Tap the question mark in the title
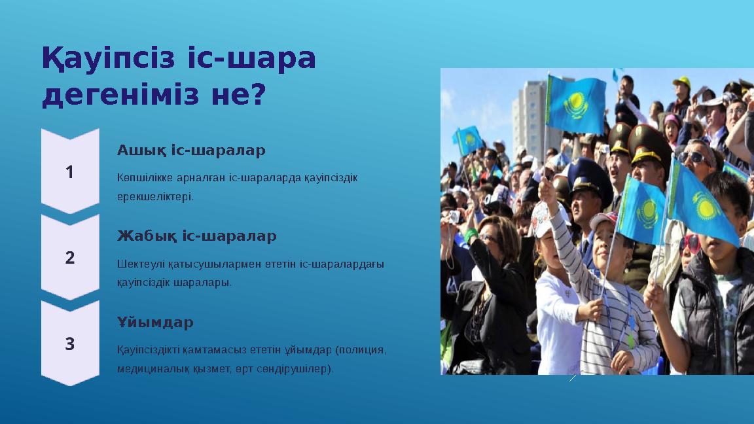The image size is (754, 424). tap(259, 94)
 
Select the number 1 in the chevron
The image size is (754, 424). tap(70, 171)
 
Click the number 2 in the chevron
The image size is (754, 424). tap(70, 258)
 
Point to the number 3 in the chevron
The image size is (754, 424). tap(70, 344)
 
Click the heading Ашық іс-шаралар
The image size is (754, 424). tap(191, 150)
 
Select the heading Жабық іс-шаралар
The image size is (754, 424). tap(196, 236)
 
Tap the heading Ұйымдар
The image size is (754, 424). tap(155, 322)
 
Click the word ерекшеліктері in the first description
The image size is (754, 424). tap(155, 196)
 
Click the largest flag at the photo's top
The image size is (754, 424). tap(576, 104)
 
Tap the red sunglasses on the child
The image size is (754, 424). tap(690, 243)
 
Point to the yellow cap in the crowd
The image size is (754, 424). tap(682, 81)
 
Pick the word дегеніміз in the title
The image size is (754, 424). tap(120, 94)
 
